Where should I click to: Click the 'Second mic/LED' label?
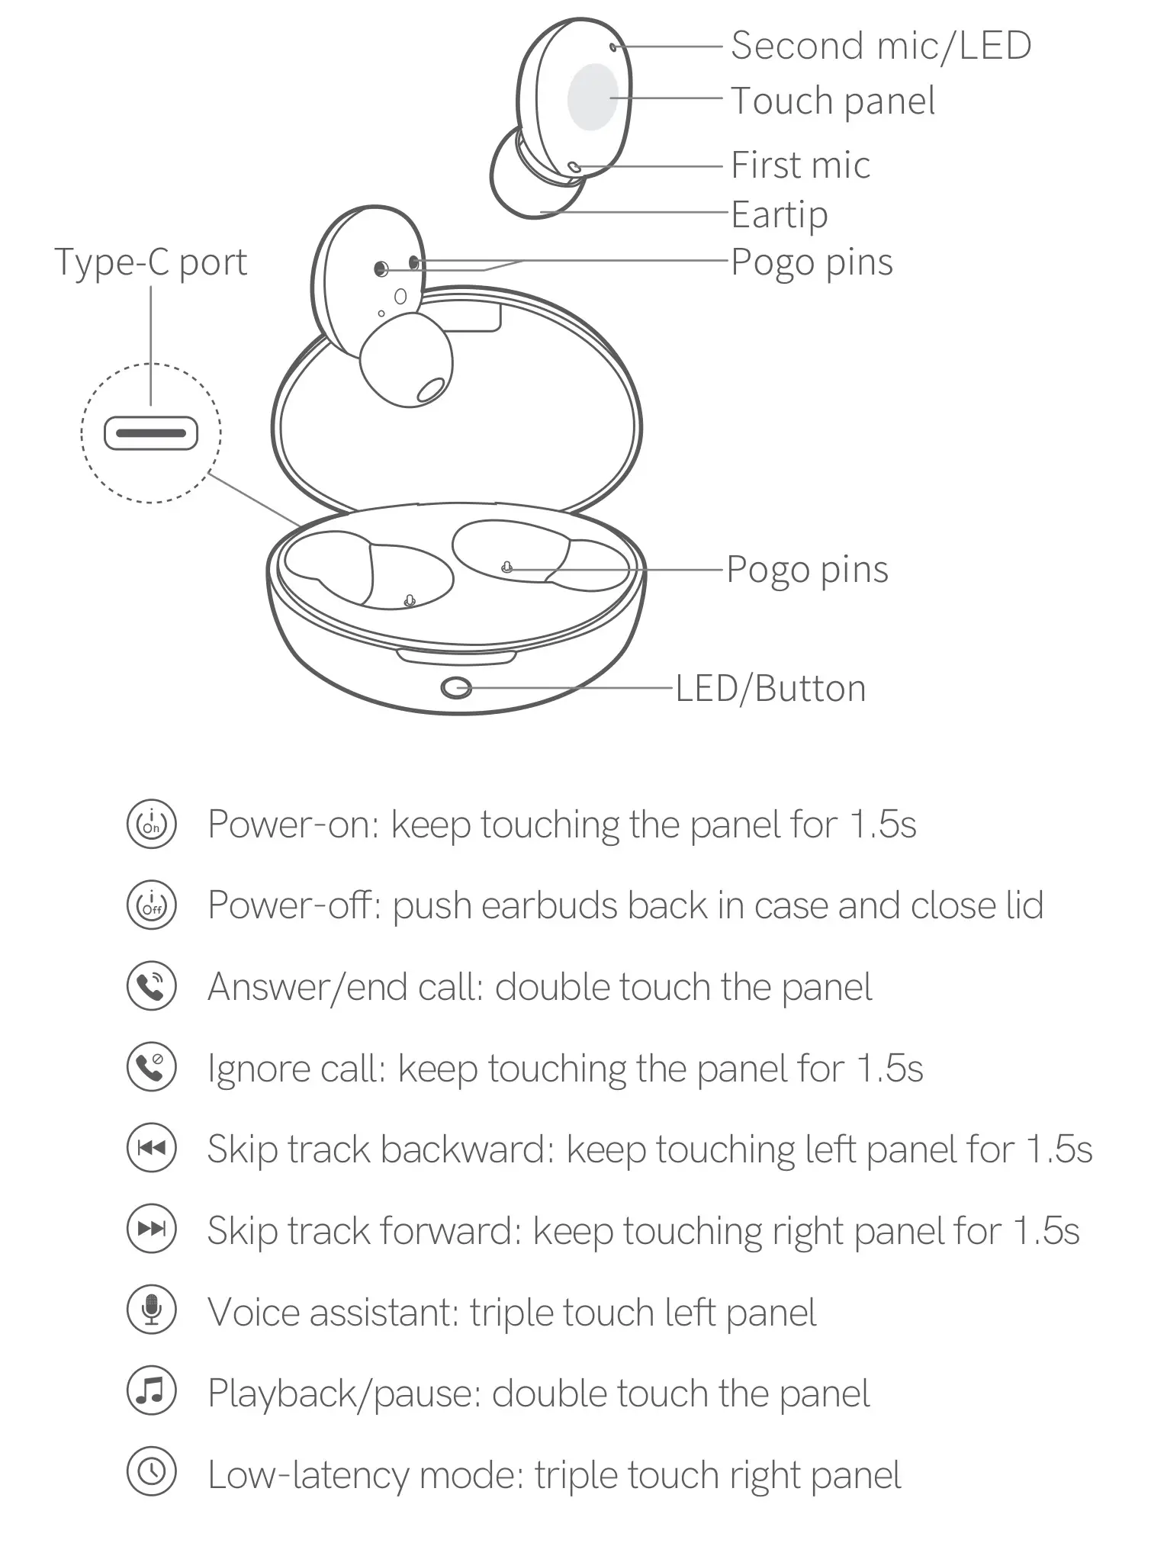[880, 46]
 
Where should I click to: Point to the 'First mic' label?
[799, 165]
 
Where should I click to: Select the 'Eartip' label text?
[779, 214]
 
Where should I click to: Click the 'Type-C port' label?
[150, 262]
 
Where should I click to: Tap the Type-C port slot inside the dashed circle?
[151, 433]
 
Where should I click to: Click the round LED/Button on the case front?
[456, 688]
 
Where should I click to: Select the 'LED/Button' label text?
[770, 688]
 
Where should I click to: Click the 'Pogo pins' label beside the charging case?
[807, 569]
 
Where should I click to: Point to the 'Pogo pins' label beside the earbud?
[812, 262]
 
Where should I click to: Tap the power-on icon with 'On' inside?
[151, 825]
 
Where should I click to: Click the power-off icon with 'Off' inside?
[151, 905]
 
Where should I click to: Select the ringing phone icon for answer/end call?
[151, 986]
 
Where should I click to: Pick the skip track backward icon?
[151, 1148]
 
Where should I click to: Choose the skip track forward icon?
[151, 1229]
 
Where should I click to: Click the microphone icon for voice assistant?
[151, 1310]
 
